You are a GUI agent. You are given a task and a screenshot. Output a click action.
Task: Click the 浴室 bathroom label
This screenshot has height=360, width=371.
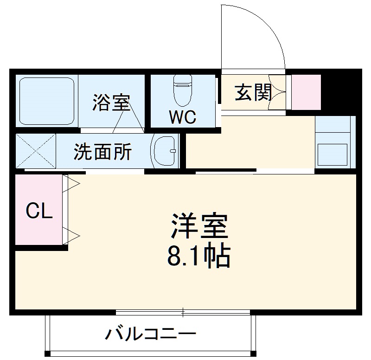coord(110,103)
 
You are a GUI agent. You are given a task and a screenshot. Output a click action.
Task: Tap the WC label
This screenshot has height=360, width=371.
coord(182,117)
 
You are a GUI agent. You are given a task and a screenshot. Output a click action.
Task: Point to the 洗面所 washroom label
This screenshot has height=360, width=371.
coord(103,152)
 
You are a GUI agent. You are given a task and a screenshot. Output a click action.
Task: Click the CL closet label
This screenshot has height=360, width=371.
coord(38,212)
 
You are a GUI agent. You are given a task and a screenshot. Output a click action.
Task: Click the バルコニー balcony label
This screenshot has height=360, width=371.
coord(151,334)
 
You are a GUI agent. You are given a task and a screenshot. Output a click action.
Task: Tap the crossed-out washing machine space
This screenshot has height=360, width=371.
coord(36,151)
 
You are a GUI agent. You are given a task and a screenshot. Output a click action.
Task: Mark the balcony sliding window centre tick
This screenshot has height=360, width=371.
coord(183,313)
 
